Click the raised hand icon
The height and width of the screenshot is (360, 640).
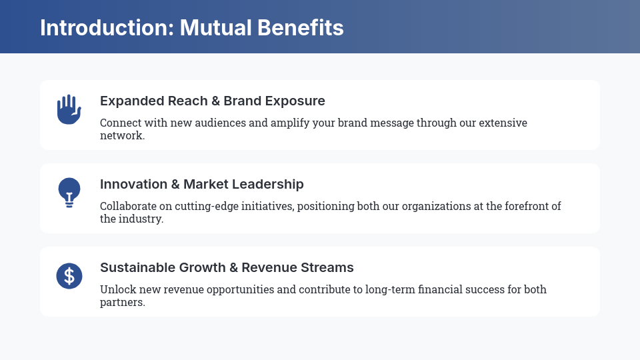pos(69,109)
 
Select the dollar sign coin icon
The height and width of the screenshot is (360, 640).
pos(69,275)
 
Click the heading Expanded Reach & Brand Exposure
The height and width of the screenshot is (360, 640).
pos(213,101)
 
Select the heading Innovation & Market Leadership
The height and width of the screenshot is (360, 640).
pos(202,184)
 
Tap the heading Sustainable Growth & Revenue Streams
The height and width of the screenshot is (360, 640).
pos(227,267)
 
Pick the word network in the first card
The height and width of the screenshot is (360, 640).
pos(121,135)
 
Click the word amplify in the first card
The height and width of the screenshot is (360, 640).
pos(291,123)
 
